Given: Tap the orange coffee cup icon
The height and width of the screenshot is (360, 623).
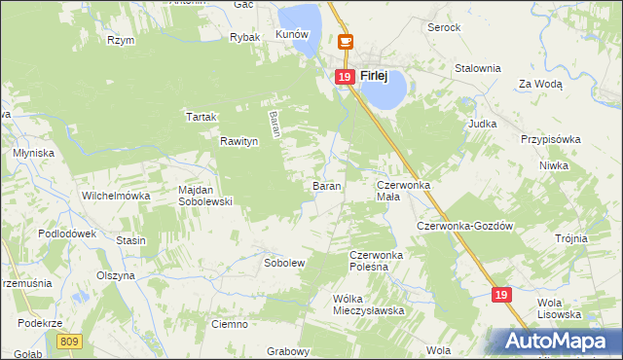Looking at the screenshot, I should pos(345,42).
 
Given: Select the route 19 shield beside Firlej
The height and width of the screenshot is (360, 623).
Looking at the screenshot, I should pos(344,76).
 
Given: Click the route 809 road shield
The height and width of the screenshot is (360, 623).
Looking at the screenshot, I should pos(69,342).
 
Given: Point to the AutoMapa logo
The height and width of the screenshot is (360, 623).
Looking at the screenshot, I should pos(556,341).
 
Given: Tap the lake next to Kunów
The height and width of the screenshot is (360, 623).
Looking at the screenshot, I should pos(299,17).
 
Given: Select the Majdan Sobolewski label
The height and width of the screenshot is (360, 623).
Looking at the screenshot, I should pos(204,196).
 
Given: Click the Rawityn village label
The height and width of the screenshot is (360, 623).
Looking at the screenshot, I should pos(238,141).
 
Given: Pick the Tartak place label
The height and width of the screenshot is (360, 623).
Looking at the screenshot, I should pos(201,117).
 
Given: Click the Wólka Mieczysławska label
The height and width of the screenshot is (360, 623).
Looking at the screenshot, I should pos(368,305).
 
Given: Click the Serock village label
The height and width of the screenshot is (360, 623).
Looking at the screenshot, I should pos(444,27).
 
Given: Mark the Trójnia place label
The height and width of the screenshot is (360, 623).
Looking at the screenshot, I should pos(571,238).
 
